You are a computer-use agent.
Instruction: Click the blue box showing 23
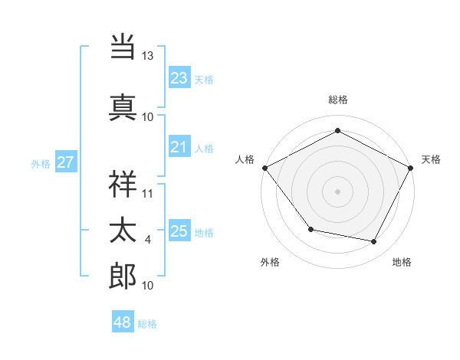pyautogui.click(x=179, y=78)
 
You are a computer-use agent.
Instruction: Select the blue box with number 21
pyautogui.click(x=179, y=147)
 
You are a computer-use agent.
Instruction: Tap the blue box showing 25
pyautogui.click(x=179, y=231)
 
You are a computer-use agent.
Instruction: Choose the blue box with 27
pyautogui.click(x=65, y=162)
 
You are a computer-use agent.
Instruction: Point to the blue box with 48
pyautogui.click(x=123, y=322)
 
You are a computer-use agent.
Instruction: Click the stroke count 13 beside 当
pyautogui.click(x=147, y=56)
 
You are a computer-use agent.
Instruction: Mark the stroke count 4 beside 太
pyautogui.click(x=148, y=240)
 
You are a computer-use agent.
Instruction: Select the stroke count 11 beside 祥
pyautogui.click(x=148, y=193)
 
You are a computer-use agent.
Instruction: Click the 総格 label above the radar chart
pyautogui.click(x=338, y=100)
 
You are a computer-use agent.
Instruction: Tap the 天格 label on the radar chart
pyautogui.click(x=431, y=159)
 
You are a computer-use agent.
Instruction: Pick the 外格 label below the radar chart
pyautogui.click(x=270, y=262)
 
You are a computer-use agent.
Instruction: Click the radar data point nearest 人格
pyautogui.click(x=264, y=167)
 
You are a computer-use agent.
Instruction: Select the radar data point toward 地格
pyautogui.click(x=374, y=242)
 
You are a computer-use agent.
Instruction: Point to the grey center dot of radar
pyautogui.click(x=337, y=191)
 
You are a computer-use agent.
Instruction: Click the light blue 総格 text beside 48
pyautogui.click(x=147, y=324)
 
